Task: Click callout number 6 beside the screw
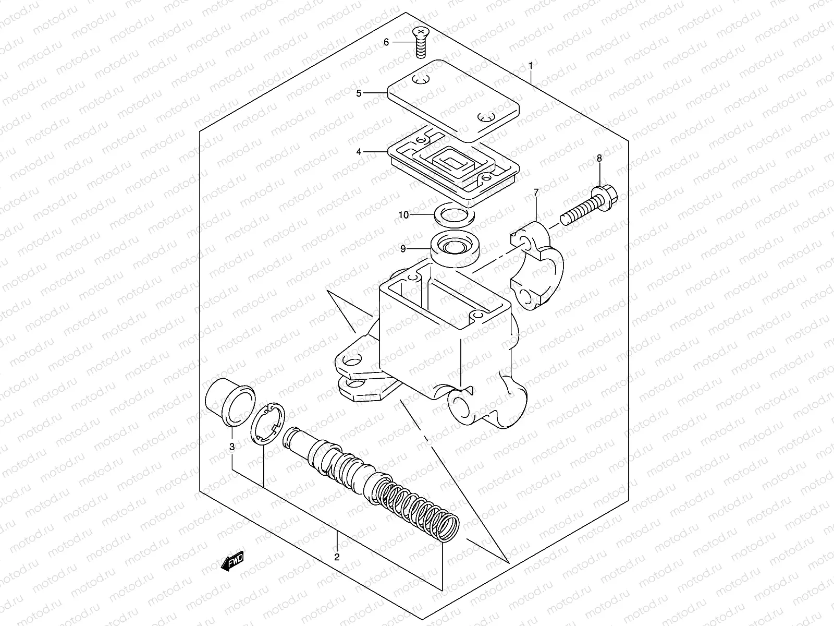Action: click(x=386, y=42)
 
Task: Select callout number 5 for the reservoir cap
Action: click(x=374, y=93)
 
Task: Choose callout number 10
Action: click(x=419, y=214)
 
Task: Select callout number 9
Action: click(x=403, y=249)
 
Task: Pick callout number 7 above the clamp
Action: click(x=535, y=194)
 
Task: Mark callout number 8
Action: click(x=599, y=158)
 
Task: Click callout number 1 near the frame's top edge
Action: click(x=531, y=66)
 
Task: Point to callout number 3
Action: click(x=232, y=447)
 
